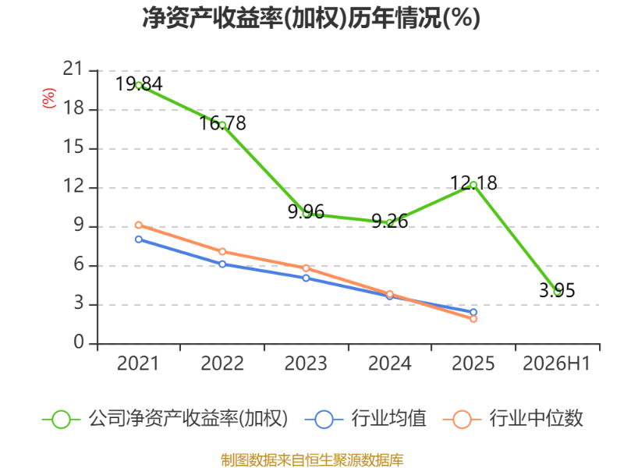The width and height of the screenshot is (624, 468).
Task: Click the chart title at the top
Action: [x=310, y=18]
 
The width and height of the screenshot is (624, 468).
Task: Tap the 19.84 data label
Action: [x=139, y=84]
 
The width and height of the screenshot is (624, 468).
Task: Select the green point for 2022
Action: [x=222, y=126]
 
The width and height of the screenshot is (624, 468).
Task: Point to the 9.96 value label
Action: [x=306, y=211]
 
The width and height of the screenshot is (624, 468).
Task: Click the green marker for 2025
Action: [x=473, y=185]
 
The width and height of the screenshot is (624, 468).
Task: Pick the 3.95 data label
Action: [x=557, y=290]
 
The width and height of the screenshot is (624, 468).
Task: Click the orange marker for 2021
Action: [x=139, y=225]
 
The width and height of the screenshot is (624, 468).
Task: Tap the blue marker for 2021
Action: [x=139, y=239]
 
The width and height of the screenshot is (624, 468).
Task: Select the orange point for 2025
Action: [x=473, y=319]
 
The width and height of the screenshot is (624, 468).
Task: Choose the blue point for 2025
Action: [x=473, y=313]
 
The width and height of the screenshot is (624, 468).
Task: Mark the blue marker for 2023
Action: [x=306, y=278]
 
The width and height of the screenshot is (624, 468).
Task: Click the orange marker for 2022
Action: [x=222, y=251]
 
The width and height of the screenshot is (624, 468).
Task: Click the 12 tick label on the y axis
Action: [x=73, y=186]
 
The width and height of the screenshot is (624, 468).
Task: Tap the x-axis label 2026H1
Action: [x=556, y=363]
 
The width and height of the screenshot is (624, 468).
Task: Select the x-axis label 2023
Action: [x=306, y=363]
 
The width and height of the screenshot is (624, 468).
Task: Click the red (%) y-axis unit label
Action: [x=49, y=98]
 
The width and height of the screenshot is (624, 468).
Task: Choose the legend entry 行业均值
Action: [x=365, y=419]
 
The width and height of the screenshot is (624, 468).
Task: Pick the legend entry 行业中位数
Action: [x=513, y=419]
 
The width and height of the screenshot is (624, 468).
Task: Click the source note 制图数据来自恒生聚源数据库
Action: [x=312, y=460]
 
